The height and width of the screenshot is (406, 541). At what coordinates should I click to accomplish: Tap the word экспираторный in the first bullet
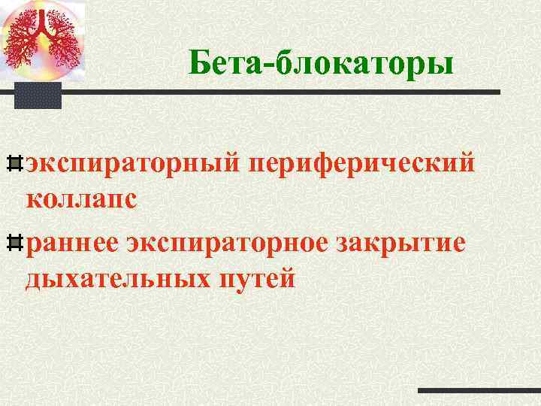[131, 162]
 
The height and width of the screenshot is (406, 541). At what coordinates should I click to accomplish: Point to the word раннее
[72, 242]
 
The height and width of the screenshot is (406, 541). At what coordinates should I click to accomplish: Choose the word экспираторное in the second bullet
[231, 242]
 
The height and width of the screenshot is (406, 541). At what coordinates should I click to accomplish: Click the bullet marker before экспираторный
[15, 162]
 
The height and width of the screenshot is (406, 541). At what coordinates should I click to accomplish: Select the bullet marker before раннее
[15, 241]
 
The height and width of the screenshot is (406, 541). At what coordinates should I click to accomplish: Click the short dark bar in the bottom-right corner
[479, 391]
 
